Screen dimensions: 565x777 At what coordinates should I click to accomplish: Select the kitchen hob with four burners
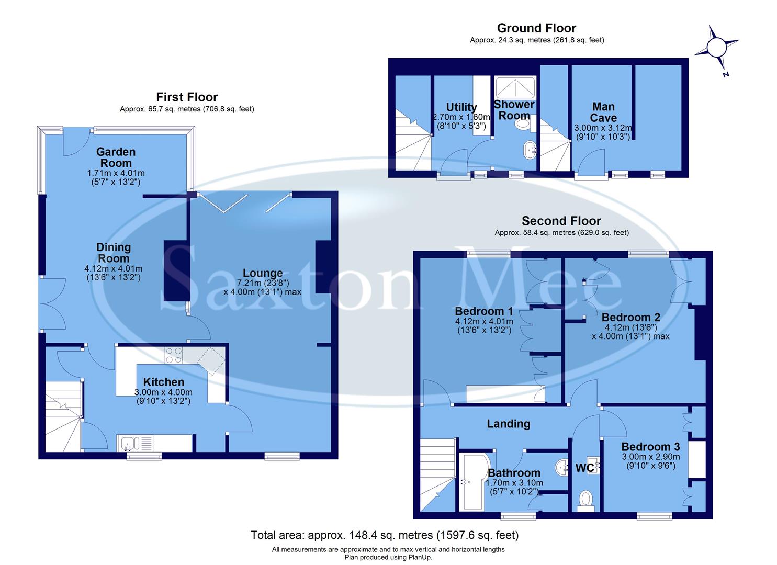point(174,356)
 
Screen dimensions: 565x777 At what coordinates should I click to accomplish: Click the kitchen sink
point(128,444)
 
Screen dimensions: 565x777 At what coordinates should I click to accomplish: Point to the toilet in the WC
point(585,499)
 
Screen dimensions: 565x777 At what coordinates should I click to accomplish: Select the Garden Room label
point(116,157)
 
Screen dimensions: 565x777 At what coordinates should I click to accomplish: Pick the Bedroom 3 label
point(650,447)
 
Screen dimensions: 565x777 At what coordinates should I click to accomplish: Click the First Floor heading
point(187,97)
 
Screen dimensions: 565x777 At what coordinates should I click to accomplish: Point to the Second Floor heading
point(561,221)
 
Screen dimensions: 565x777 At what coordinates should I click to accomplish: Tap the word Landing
point(508,424)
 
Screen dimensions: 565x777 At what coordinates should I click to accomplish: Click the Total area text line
point(385,535)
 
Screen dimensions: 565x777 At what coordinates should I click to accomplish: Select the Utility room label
point(461,108)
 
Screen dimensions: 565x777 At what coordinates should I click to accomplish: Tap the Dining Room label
point(114,253)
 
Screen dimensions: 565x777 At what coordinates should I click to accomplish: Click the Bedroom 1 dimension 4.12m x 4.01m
point(484,321)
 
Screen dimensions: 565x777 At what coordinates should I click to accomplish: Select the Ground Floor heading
point(536,28)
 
